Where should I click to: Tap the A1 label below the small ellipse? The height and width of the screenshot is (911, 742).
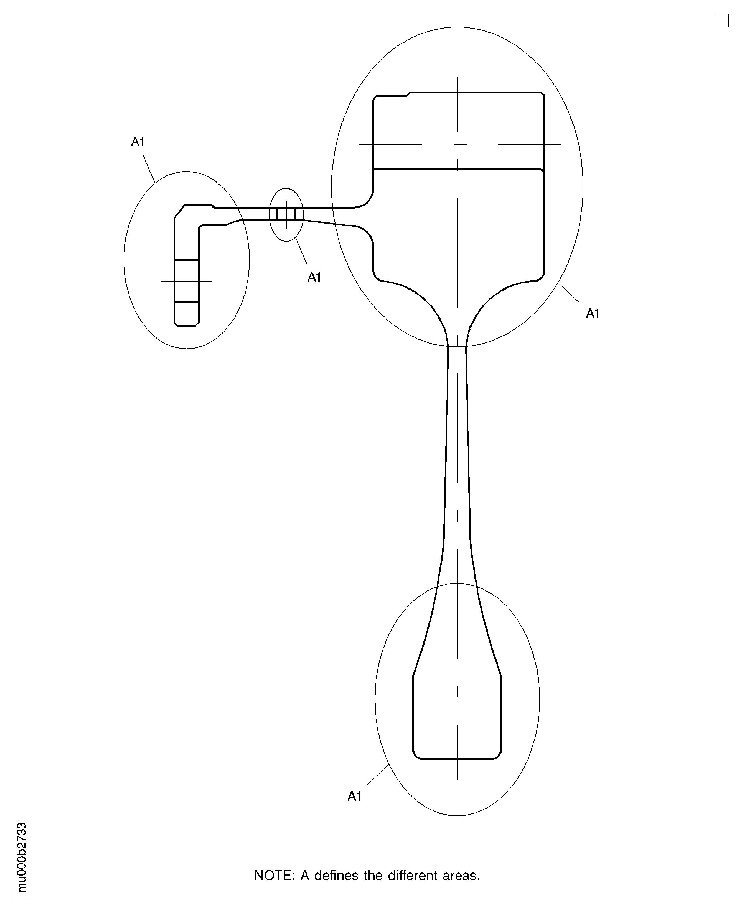314,278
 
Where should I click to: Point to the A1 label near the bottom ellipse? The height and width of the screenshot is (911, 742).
354,797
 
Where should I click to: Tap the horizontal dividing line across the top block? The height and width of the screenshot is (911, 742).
458,170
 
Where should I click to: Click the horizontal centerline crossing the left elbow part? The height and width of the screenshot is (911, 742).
186,281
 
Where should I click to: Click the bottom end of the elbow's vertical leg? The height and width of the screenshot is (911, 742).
186,326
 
